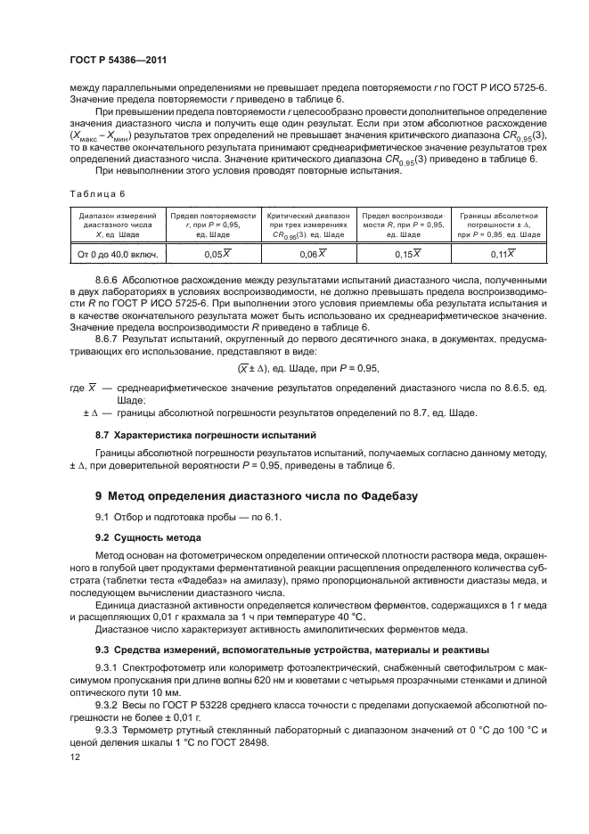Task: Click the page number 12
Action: point(75,756)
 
